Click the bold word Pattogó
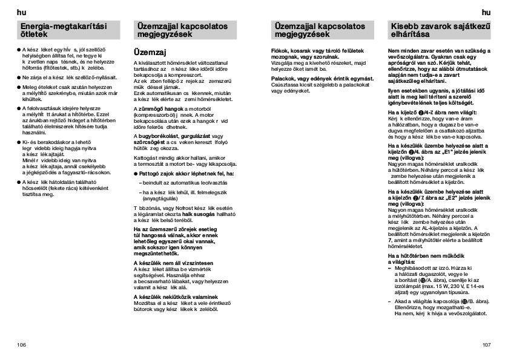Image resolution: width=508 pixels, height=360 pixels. (x=151, y=173)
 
